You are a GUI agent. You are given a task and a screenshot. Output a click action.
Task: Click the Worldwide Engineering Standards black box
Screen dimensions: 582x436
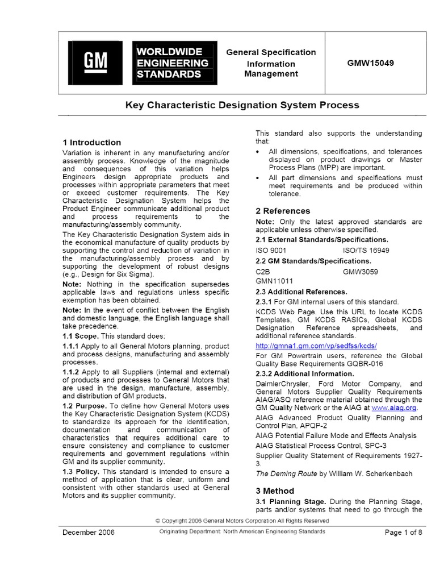[175, 63]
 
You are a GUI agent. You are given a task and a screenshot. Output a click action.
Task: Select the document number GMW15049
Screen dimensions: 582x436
[370, 63]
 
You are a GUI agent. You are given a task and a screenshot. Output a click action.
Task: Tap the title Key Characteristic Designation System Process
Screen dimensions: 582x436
[242, 105]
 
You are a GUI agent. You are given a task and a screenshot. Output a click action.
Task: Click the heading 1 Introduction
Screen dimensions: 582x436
[91, 142]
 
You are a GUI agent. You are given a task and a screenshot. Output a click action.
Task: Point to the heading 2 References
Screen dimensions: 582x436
[283, 211]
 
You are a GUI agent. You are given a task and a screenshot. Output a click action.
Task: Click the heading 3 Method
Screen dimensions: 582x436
[275, 490]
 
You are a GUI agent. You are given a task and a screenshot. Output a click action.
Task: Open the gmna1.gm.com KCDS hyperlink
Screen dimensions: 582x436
[316, 346]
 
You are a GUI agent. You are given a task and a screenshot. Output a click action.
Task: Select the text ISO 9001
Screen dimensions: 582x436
[271, 250]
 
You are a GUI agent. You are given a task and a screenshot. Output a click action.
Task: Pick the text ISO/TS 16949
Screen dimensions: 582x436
[366, 250]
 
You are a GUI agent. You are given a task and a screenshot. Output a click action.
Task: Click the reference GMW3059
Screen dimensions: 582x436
[360, 272]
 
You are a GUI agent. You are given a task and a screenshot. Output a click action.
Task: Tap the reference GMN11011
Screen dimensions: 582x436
[275, 281]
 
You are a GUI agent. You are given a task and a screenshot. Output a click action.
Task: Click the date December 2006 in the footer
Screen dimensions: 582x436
[88, 532]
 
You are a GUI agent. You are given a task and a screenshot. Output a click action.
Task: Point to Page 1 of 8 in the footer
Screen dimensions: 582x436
[403, 532]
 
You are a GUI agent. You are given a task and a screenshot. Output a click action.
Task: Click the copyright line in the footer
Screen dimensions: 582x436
[242, 520]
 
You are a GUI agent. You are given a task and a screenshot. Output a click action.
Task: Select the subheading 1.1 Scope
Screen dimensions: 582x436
[81, 336]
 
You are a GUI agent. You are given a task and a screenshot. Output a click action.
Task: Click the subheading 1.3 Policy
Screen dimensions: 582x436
[81, 472]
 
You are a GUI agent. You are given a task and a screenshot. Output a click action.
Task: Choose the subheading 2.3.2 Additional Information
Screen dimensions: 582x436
[305, 373]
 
